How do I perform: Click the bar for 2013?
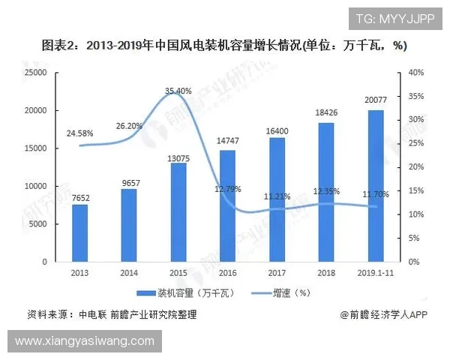[80, 232]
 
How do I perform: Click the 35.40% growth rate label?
[179, 91]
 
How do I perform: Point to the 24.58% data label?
[79, 133]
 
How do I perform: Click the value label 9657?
[129, 182]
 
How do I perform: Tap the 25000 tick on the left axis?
[36, 73]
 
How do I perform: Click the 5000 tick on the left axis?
[39, 224]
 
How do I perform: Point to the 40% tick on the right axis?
[416, 73]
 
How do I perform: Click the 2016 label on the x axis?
[227, 273]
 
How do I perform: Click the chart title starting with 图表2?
[225, 46]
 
